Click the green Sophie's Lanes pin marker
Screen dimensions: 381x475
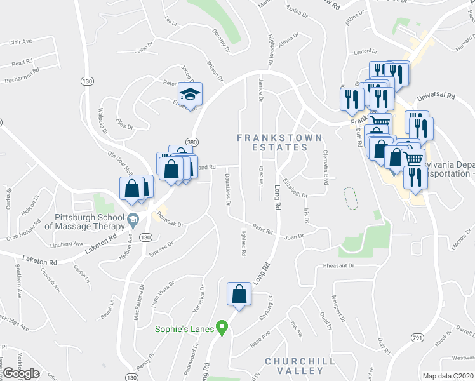pyautogui.click(x=222, y=328)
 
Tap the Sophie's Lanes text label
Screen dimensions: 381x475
pyautogui.click(x=185, y=329)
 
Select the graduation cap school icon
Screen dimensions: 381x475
pyautogui.click(x=189, y=95)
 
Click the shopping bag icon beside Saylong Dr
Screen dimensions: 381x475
pyautogui.click(x=238, y=294)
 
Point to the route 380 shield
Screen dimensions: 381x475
pyautogui.click(x=191, y=141)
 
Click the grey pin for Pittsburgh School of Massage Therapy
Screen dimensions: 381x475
pyautogui.click(x=132, y=222)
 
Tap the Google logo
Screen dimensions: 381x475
pyautogui.click(x=21, y=373)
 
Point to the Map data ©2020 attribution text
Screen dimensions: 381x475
pyautogui.click(x=448, y=376)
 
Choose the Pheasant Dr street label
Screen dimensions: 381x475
pyautogui.click(x=337, y=265)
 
